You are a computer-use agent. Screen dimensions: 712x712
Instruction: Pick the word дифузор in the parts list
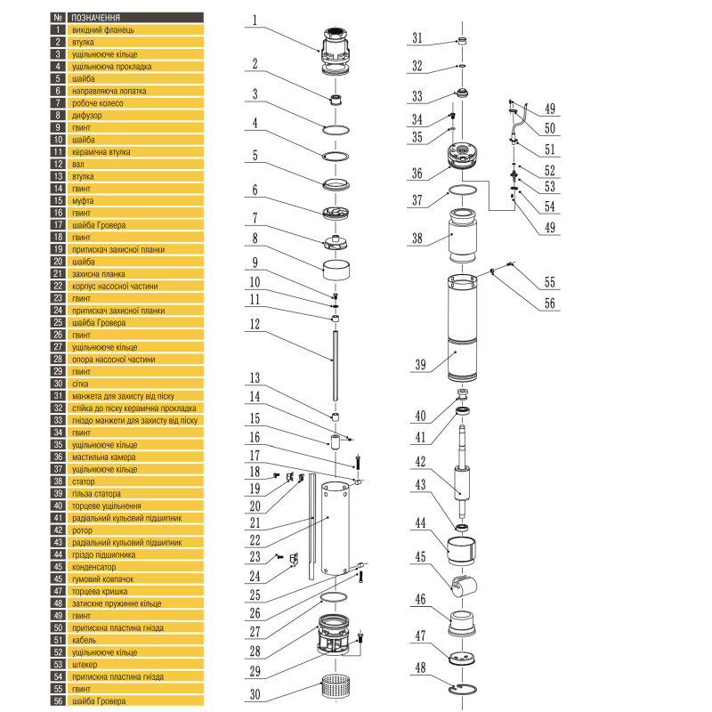[x=86, y=115]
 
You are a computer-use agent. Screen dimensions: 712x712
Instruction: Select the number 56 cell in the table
[x=57, y=700]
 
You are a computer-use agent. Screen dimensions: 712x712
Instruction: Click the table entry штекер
[x=85, y=664]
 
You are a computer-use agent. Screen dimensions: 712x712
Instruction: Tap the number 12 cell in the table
[x=57, y=164]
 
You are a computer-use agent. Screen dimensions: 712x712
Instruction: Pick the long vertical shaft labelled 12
[x=336, y=358]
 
